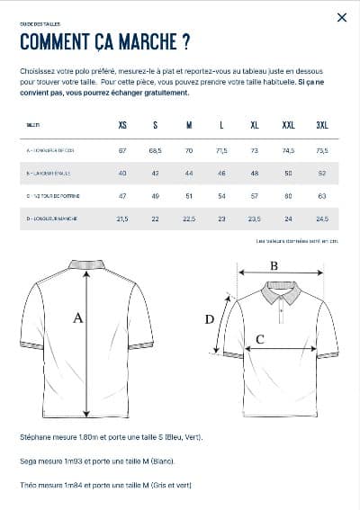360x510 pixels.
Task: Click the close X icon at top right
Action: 341,17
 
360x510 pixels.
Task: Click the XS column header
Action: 122,125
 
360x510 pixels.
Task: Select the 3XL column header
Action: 321,125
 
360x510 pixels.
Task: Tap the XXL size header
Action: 288,125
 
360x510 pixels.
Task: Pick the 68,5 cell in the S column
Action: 155,150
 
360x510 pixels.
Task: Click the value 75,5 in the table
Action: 321,150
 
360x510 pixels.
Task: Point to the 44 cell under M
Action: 189,173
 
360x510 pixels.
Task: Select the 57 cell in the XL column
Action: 255,195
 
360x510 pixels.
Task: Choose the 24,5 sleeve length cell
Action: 321,219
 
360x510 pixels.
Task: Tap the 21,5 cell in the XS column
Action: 122,219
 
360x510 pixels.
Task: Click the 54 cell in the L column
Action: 221,195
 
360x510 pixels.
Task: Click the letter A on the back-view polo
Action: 77,318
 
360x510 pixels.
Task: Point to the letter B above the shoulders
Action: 274,265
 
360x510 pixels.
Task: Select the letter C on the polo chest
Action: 260,339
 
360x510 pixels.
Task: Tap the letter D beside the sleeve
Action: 210,318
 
